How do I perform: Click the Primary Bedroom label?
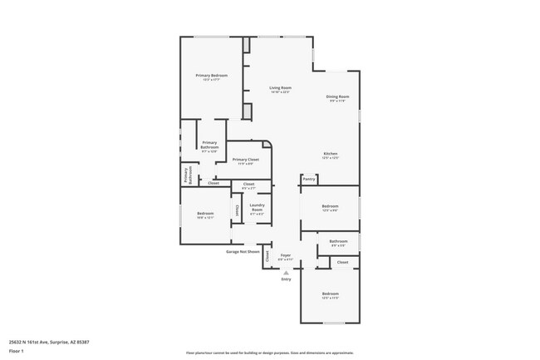point(212,76)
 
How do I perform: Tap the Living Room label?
point(280,88)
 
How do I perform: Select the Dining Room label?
point(336,97)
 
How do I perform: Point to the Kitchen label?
point(330,154)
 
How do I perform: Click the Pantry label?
point(308,178)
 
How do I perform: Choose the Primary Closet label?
point(246,159)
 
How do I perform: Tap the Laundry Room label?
point(257,207)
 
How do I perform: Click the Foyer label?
point(285,255)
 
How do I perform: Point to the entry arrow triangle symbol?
point(286,272)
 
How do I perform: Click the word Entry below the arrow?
point(286,279)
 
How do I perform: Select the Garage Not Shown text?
point(243,251)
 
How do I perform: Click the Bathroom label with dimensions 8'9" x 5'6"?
point(338,242)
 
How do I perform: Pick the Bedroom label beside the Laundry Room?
point(205,214)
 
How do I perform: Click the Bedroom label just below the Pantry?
point(330,206)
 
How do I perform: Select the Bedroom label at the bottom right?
point(330,293)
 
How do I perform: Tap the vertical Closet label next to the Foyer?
point(268,258)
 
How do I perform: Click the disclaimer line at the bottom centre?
point(269,353)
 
